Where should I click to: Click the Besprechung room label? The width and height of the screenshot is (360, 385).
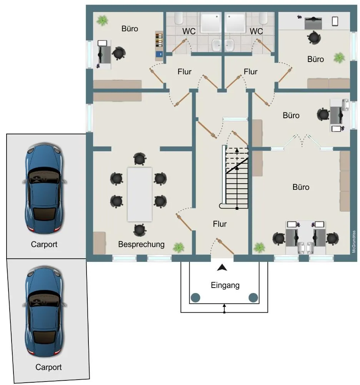(141, 244)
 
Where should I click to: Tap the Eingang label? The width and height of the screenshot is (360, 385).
(225, 285)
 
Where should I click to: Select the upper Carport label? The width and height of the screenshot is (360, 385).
(44, 244)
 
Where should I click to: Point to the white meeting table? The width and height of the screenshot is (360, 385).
(140, 194)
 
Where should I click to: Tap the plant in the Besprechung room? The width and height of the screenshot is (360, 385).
(178, 248)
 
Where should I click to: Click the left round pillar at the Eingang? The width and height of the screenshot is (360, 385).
(195, 298)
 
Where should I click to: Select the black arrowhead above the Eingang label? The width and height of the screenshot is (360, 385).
(222, 268)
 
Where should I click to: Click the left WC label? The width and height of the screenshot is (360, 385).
(189, 31)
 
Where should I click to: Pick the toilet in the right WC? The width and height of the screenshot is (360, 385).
(263, 18)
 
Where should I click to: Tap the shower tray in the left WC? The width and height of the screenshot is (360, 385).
(211, 23)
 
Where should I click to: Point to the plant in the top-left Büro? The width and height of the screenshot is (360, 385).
(102, 21)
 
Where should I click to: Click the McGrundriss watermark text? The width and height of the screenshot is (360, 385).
(353, 242)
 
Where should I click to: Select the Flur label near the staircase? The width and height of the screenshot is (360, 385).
(220, 224)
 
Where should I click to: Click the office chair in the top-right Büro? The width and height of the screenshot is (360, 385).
(314, 38)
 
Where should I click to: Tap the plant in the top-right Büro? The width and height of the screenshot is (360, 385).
(339, 58)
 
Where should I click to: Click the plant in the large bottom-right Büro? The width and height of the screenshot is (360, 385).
(259, 248)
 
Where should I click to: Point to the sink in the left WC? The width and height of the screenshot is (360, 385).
(217, 45)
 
